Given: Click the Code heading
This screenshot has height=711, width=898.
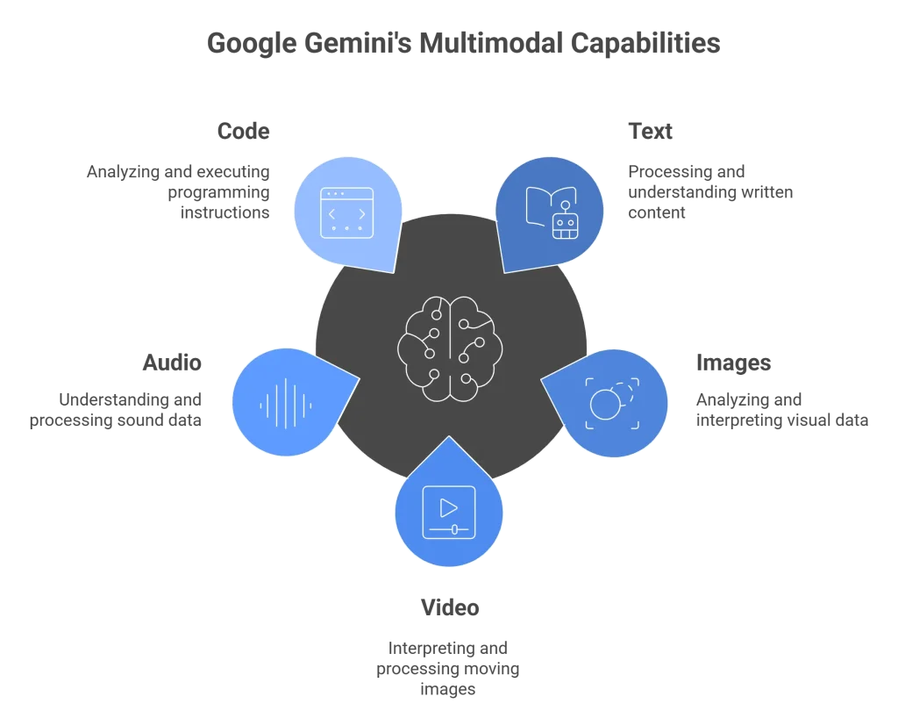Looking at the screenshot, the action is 244,132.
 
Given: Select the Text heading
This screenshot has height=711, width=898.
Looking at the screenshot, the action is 650,132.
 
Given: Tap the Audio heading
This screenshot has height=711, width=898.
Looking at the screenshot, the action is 172,363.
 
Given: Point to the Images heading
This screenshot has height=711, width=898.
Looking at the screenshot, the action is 734,363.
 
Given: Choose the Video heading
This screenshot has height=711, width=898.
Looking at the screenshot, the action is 450,607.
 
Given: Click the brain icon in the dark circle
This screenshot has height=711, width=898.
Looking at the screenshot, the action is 450,348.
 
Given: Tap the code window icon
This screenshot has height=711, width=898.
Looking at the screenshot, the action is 347,212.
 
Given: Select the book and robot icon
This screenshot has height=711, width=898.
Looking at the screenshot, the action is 552,212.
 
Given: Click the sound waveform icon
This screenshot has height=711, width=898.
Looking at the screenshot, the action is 286,404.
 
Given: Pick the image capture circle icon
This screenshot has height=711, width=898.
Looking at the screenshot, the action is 612,403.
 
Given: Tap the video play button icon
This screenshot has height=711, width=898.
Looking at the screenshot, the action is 449,512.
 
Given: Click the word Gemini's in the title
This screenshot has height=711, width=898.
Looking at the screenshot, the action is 358,44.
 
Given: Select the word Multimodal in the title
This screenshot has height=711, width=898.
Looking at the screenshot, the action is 491,43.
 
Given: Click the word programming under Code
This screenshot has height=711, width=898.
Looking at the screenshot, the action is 218,192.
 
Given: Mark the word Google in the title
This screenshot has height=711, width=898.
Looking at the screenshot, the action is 252,44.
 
